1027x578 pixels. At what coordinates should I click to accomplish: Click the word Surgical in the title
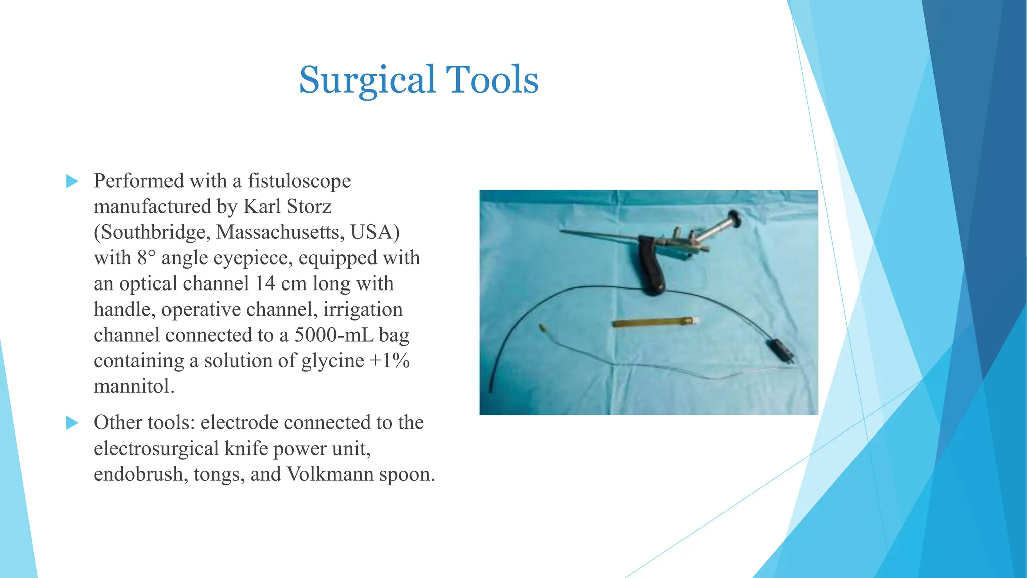367,80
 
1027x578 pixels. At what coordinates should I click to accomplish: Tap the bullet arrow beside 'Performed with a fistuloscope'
72,181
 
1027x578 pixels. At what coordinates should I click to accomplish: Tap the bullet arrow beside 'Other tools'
72,423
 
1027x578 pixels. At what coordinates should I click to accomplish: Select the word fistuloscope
299,181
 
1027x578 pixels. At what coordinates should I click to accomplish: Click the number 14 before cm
265,283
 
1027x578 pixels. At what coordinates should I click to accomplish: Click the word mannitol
133,386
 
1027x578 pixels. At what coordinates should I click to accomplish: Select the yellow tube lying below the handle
652,322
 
